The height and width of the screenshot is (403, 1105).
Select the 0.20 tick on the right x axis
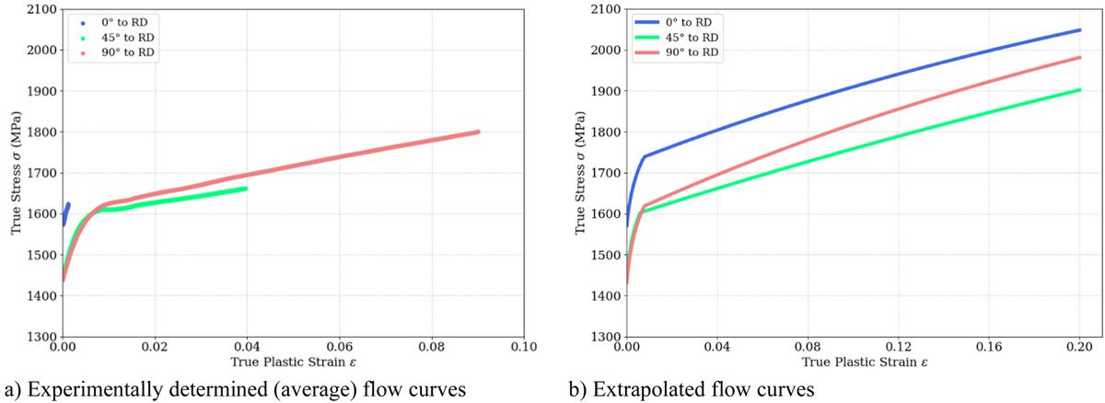point(1079,349)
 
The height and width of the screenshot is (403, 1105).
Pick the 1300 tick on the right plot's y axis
point(602,337)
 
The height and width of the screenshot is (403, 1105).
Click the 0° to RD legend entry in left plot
point(121,22)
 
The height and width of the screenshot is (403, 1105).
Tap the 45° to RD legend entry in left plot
point(121,38)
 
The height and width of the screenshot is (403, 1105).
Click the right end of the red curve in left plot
point(478,132)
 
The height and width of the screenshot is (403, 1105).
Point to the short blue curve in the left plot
point(66,212)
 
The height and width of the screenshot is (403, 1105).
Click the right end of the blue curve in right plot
point(1079,30)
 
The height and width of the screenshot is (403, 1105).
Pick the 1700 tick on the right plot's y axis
point(602,173)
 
